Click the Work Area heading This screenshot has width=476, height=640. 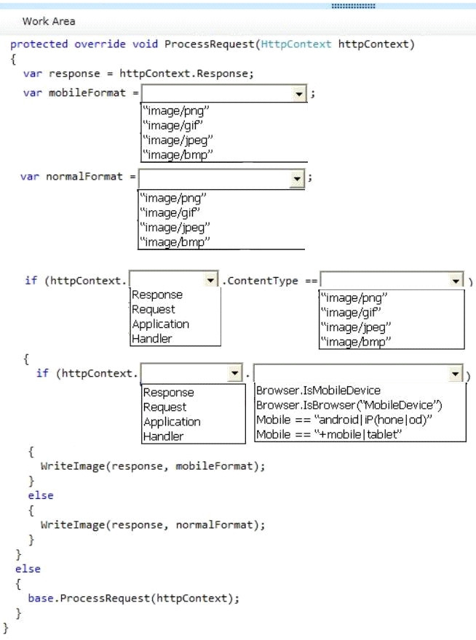pos(49,21)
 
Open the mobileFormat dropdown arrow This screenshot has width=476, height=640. pos(299,94)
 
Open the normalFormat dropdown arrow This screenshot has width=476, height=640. pos(297,178)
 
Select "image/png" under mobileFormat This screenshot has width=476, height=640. pos(175,111)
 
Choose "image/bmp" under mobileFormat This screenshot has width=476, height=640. pos(178,155)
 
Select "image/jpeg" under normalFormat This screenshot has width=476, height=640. pos(175,228)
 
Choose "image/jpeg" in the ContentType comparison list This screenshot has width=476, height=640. pos(355,327)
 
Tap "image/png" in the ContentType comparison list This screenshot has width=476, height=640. pos(354,297)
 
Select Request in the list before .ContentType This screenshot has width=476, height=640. pos(154,309)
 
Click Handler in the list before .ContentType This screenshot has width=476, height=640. pos(151,338)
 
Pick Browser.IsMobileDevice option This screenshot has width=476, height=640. pos(318,391)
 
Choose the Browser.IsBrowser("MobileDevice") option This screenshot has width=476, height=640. pos(349,405)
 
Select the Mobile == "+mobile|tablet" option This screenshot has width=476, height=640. pos(329,434)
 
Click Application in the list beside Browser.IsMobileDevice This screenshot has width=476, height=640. pos(172,422)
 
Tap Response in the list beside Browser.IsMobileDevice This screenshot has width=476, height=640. pos(168,392)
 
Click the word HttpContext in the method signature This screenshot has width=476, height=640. pos(295,44)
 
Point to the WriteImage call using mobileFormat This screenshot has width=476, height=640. pos(153,466)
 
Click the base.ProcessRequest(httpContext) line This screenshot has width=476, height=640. pos(134,599)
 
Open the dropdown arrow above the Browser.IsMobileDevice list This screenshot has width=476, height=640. pos(456,374)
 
